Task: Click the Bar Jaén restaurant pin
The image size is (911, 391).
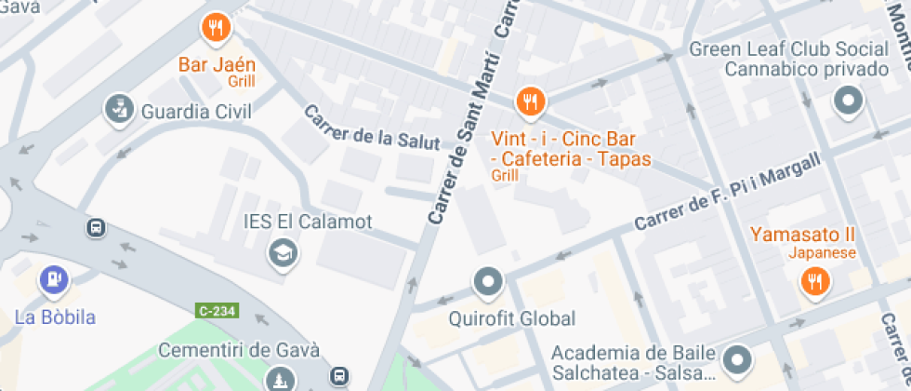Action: coord(216,27)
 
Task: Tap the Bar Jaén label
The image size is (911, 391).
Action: coord(217,65)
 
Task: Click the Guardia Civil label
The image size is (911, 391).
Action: coord(196,113)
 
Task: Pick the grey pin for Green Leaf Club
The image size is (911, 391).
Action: coord(848,101)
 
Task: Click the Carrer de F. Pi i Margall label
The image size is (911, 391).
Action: coord(729,194)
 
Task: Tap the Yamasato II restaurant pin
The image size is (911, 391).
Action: coord(814,280)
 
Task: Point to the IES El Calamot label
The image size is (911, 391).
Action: coord(307,222)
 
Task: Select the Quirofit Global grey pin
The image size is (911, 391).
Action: coord(488,280)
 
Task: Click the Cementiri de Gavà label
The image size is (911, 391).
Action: coord(239,350)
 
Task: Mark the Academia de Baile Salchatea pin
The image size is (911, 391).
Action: coord(737,358)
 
